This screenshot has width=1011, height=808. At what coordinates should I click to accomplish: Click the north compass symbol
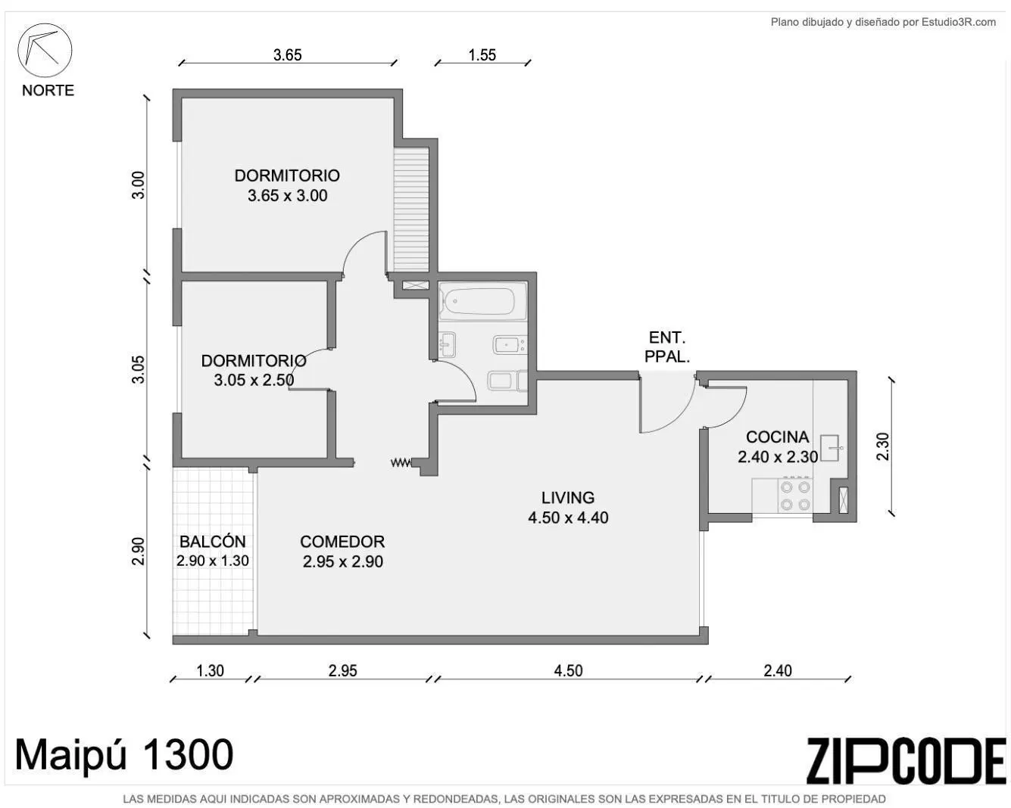point(45,50)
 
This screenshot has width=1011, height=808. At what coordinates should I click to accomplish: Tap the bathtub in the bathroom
point(482,301)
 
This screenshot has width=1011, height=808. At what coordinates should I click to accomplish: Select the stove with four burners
point(795,496)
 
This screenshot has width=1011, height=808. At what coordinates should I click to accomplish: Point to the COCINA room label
point(778,437)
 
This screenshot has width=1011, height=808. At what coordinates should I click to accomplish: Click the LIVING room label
point(567,498)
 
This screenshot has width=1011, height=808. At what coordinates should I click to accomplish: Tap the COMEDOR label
point(342,542)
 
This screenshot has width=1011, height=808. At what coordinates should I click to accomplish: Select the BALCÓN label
point(212,542)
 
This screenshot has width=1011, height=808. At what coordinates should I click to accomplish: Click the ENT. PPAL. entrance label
point(666,347)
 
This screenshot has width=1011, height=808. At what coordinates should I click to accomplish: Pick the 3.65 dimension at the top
point(288,55)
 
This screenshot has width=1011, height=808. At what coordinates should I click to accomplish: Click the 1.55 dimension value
point(482,55)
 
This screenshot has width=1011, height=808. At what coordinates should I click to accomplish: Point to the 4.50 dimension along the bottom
point(568,671)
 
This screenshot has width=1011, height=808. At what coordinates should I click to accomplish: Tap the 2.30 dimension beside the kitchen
point(883,446)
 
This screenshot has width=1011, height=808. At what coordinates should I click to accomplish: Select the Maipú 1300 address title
point(124,755)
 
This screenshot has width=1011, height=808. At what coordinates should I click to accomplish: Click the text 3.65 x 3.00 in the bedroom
point(288,195)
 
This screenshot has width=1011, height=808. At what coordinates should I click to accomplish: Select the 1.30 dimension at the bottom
point(210,671)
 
